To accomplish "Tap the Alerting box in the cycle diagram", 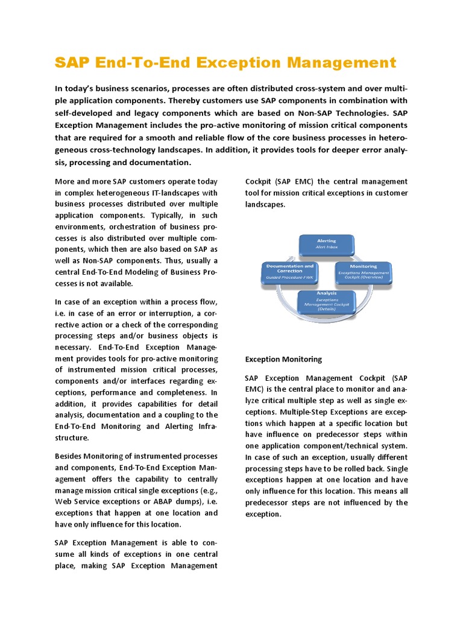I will [326, 244].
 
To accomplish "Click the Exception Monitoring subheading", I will [283, 359].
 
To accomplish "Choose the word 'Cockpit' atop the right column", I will [259, 181].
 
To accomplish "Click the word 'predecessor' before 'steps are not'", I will [269, 503].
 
